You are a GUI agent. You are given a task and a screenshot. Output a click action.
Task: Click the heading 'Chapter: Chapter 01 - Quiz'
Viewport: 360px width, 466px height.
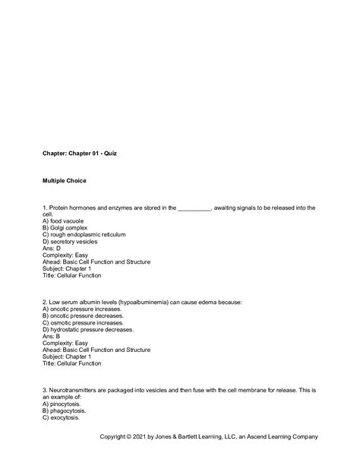click(80, 153)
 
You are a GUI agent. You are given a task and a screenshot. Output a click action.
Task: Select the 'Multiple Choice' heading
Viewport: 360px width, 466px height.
click(65, 181)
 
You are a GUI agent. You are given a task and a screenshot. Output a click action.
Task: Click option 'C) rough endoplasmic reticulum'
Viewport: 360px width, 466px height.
click(84, 234)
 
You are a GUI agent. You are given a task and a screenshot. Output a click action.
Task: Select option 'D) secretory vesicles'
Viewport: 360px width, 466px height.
click(74, 241)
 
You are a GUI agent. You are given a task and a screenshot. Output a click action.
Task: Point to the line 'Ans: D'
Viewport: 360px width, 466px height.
click(53, 248)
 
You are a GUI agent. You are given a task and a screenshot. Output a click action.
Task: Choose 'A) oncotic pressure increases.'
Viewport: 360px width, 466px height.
click(87, 309)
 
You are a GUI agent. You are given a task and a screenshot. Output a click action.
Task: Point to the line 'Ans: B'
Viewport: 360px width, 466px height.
click(53, 337)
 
